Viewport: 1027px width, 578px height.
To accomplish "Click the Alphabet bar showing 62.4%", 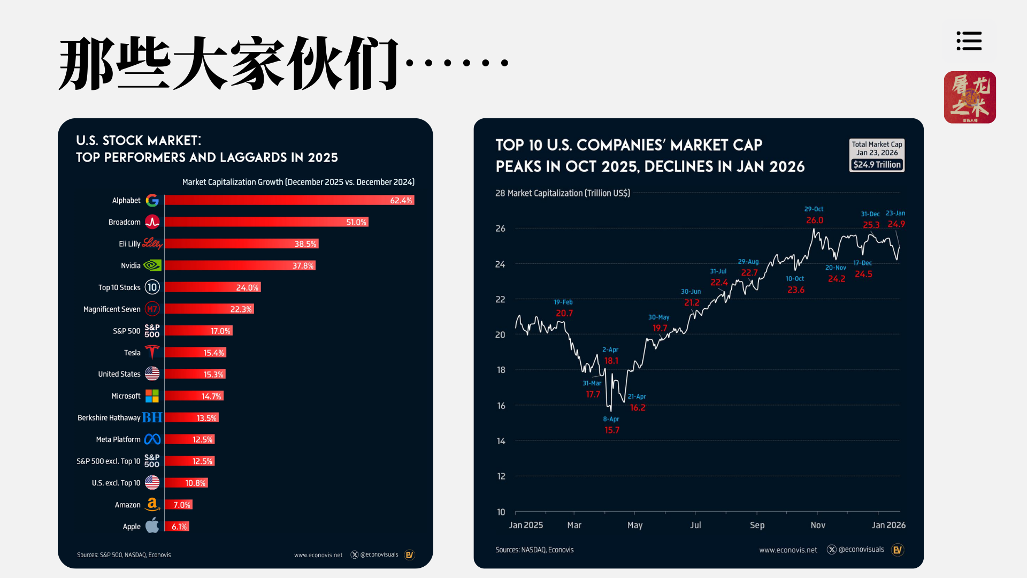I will point(289,200).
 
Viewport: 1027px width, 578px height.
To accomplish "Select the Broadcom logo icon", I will point(152,222).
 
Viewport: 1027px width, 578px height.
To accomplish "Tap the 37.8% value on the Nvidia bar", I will point(303,265).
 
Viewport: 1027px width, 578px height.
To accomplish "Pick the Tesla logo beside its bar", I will point(152,352).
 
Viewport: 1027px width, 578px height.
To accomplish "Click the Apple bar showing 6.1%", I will point(177,527).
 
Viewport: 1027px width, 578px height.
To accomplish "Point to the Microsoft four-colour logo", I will point(152,396).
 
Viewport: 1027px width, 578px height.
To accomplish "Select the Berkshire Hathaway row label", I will point(109,417).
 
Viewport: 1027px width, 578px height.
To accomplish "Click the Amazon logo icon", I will point(152,504).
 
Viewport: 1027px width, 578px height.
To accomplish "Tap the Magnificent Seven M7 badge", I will point(152,309).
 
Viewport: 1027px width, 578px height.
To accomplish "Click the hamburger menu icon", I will point(969,41).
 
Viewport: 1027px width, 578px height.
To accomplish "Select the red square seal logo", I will point(970,97).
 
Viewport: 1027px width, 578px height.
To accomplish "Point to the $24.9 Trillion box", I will point(877,165).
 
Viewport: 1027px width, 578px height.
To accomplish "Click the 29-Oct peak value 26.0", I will point(815,220).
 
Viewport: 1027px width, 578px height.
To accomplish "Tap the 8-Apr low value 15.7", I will point(611,430).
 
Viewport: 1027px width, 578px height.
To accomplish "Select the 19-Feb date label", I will point(563,302).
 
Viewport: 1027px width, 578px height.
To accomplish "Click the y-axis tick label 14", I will point(501,441).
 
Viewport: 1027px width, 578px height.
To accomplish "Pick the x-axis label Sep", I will point(757,525).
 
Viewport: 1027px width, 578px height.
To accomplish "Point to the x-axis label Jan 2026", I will point(888,525).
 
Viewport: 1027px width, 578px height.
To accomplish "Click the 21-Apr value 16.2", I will point(638,407).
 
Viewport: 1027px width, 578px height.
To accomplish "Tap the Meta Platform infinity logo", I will point(152,439).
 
